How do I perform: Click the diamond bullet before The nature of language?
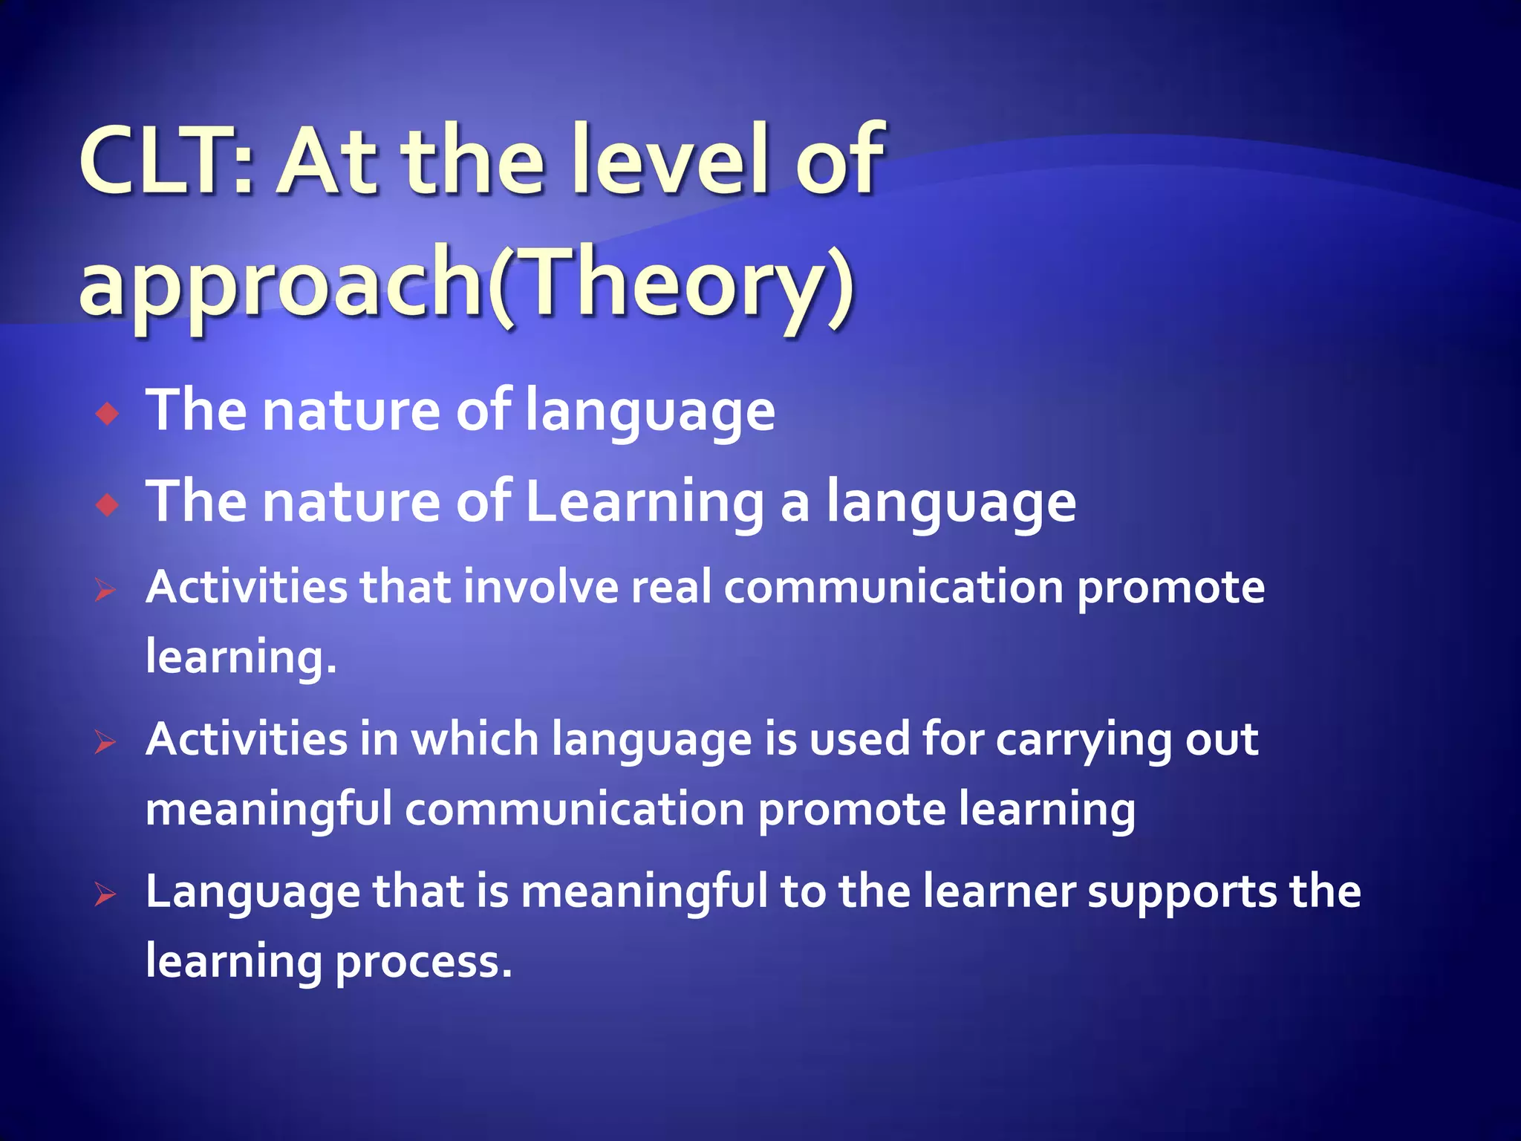(108, 414)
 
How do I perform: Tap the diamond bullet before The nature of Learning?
(108, 506)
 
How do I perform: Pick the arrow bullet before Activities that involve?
(105, 591)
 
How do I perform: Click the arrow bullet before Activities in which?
(105, 743)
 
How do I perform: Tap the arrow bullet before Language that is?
(105, 895)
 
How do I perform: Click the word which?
(475, 740)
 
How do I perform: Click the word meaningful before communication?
(268, 810)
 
